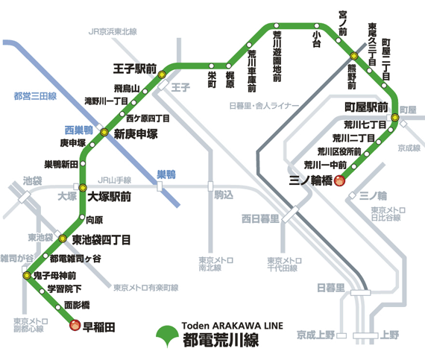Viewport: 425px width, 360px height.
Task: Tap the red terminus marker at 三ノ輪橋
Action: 339,180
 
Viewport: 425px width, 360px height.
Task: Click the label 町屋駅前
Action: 361,107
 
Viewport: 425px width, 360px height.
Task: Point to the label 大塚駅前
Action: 110,198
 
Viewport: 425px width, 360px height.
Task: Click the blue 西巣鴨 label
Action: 78,129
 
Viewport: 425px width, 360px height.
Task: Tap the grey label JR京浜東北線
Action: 113,32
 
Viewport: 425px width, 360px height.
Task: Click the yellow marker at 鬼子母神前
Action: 28,276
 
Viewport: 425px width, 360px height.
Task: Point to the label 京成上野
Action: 317,335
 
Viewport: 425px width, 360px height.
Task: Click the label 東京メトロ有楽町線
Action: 145,287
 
